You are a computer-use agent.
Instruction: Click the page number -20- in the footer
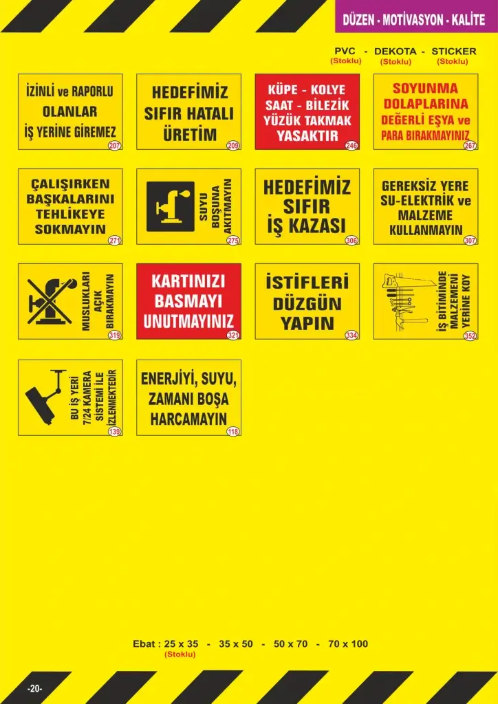tap(35, 688)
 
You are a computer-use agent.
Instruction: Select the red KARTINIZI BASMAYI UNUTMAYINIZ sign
tap(188, 301)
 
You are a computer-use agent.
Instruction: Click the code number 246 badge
tap(351, 146)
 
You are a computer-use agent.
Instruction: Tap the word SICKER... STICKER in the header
tap(453, 52)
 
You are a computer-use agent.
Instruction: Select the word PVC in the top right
tap(345, 52)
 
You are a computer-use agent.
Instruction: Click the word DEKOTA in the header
tap(396, 52)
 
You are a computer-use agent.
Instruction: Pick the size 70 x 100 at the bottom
tap(348, 644)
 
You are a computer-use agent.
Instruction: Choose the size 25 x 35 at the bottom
tap(182, 644)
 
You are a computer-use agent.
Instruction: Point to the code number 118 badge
tap(232, 432)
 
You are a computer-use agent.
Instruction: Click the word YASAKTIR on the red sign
tap(307, 135)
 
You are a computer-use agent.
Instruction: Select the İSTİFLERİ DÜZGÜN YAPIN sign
tap(307, 301)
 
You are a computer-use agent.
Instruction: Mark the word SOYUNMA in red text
tap(425, 89)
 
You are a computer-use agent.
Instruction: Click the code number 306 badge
tap(351, 241)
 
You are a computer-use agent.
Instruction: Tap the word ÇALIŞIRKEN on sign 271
tap(71, 184)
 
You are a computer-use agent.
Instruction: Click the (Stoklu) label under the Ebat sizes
tap(180, 654)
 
